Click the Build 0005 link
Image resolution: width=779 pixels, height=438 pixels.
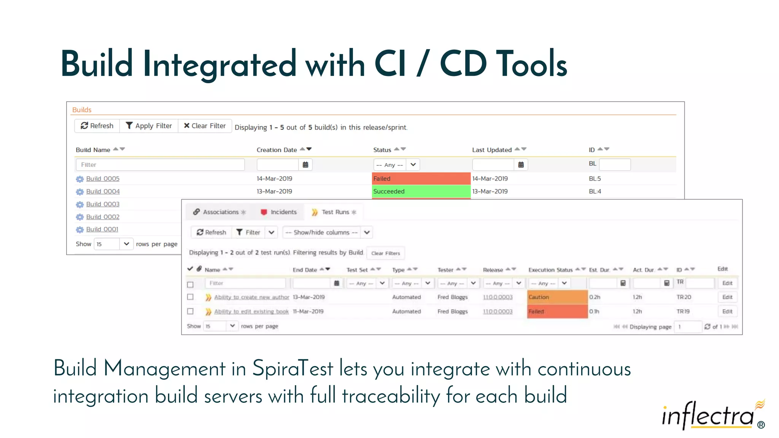point(103,179)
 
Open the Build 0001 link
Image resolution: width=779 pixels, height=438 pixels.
point(102,229)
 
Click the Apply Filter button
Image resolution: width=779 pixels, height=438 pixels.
point(149,126)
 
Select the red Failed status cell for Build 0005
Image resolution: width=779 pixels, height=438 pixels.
point(421,179)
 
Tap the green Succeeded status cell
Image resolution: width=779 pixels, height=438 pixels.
point(421,191)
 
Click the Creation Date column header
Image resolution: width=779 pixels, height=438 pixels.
point(277,150)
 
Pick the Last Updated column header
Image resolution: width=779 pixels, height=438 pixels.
point(491,150)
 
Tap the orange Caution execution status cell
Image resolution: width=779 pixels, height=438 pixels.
point(557,297)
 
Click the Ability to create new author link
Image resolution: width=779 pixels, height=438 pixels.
point(251,297)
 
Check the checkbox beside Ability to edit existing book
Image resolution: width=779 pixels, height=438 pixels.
point(191,311)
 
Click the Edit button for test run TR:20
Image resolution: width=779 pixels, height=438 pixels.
point(727,297)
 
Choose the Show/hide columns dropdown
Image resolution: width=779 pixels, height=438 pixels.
point(327,232)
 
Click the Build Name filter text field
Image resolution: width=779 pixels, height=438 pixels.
point(160,165)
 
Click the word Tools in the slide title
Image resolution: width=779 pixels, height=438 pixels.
point(531,64)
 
